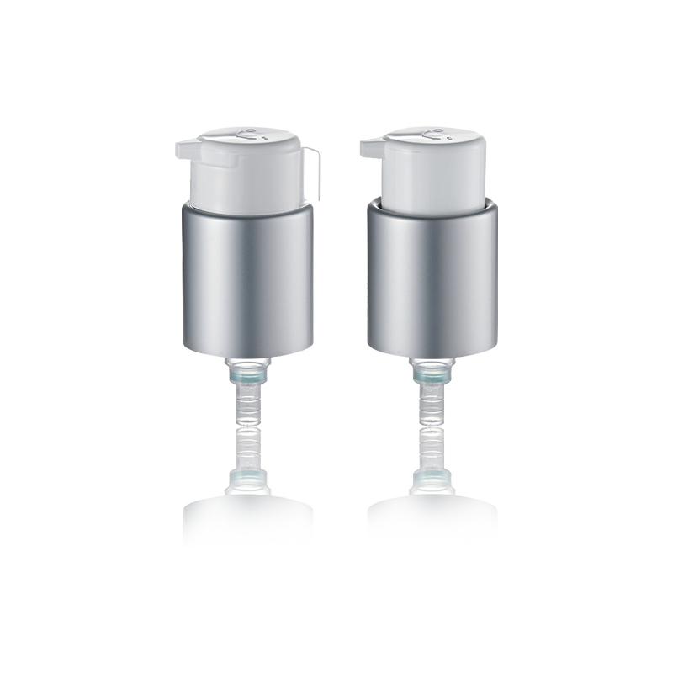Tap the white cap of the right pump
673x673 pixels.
point(434,172)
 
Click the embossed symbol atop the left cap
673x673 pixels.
point(249,132)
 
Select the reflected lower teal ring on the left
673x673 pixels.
point(249,479)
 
